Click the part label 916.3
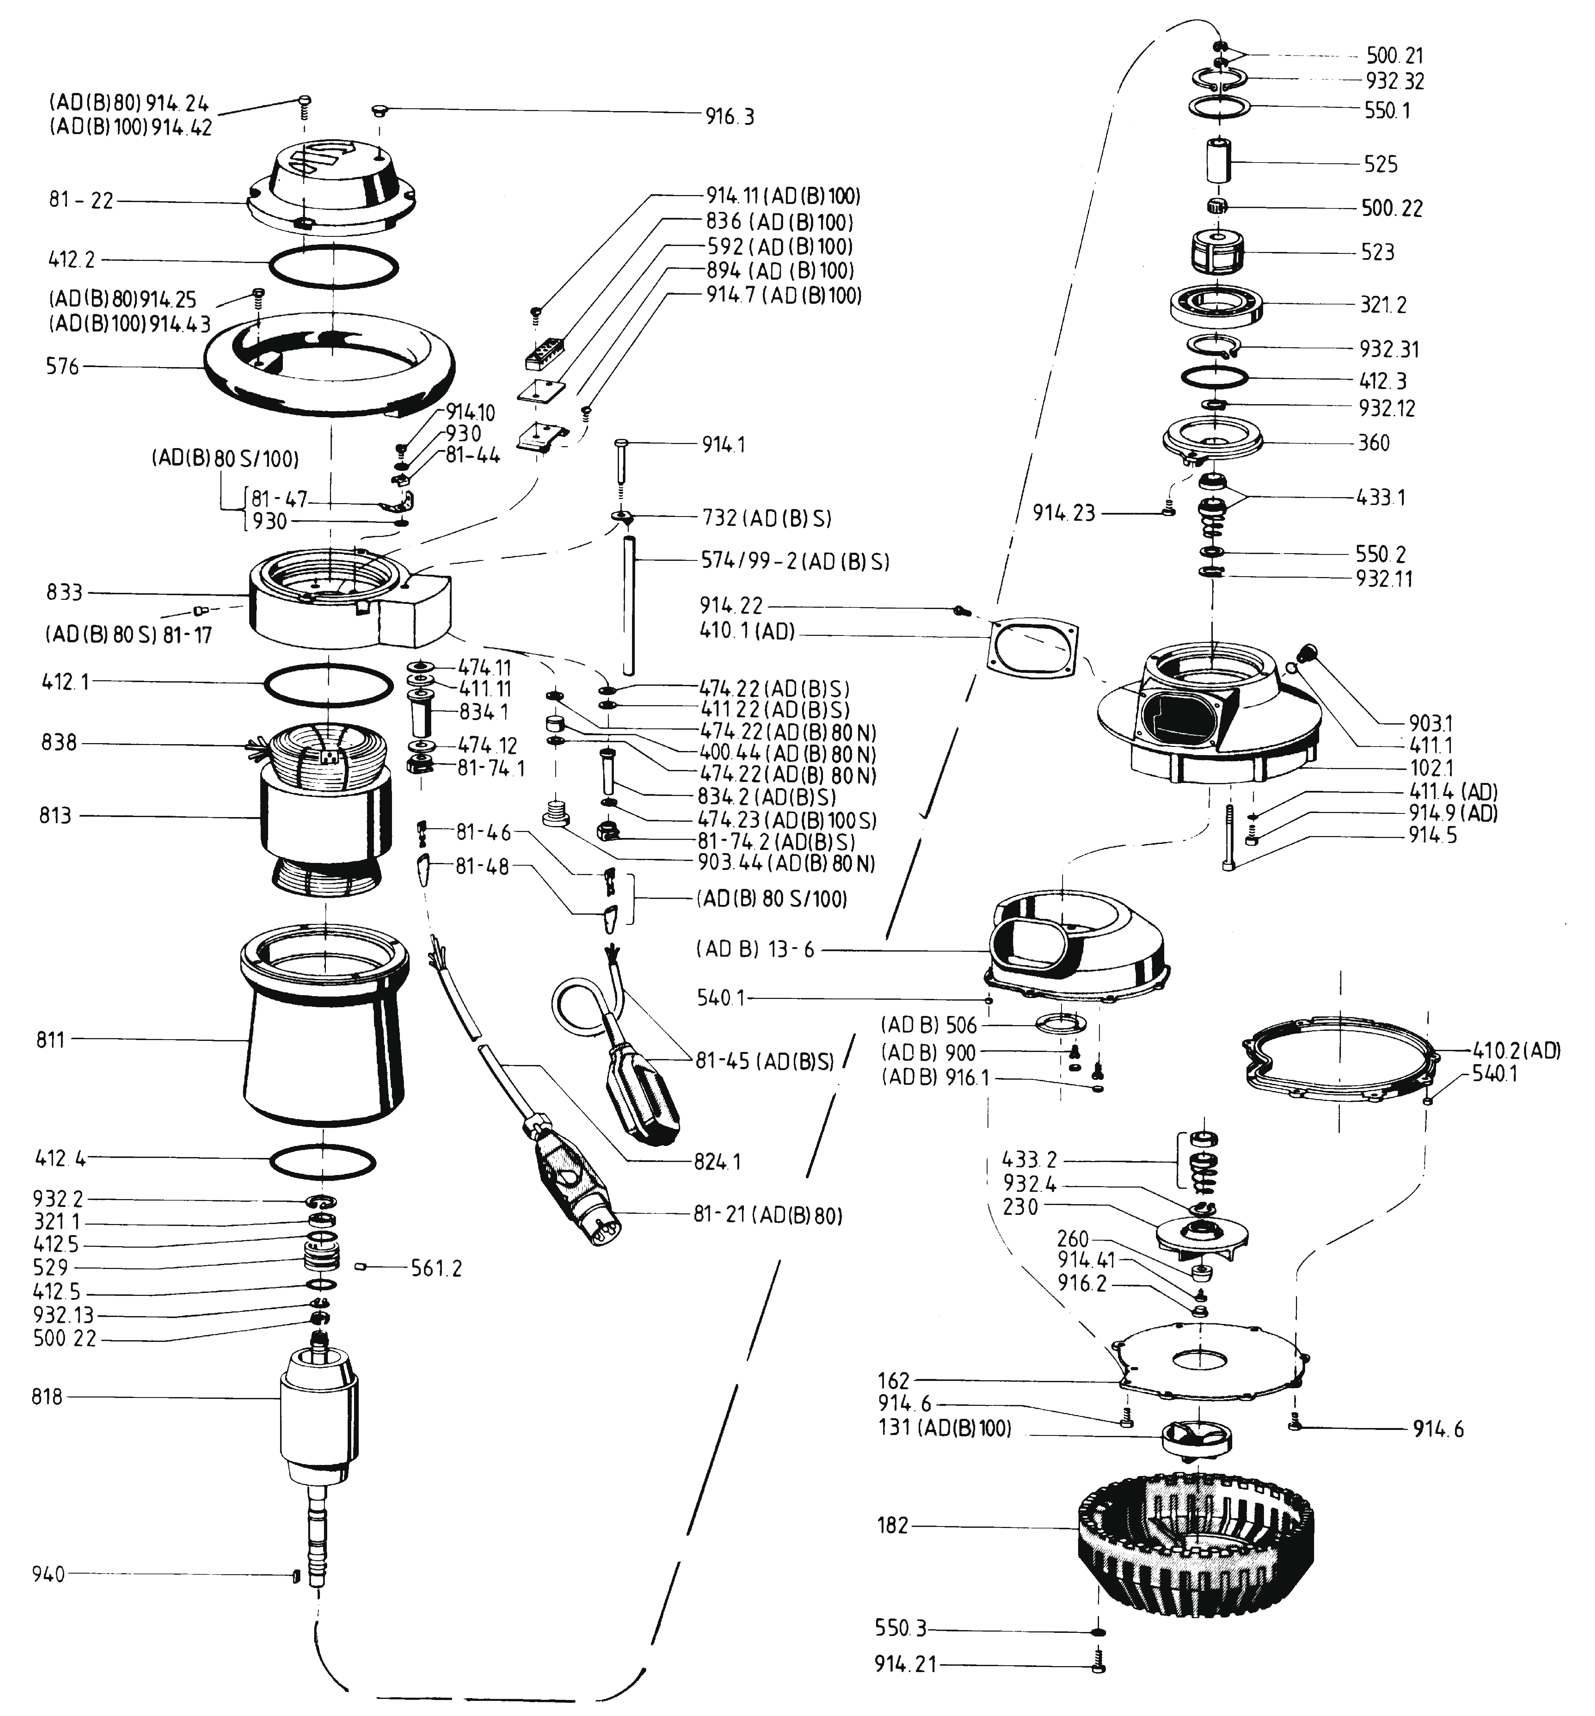coord(729,117)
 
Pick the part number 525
coord(1381,164)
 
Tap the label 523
coord(1378,252)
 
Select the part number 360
coord(1374,443)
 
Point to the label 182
coord(893,1525)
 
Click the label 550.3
coord(900,1629)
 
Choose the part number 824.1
coord(717,1161)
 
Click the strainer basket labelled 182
coord(1200,1545)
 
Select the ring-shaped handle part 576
coord(328,367)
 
